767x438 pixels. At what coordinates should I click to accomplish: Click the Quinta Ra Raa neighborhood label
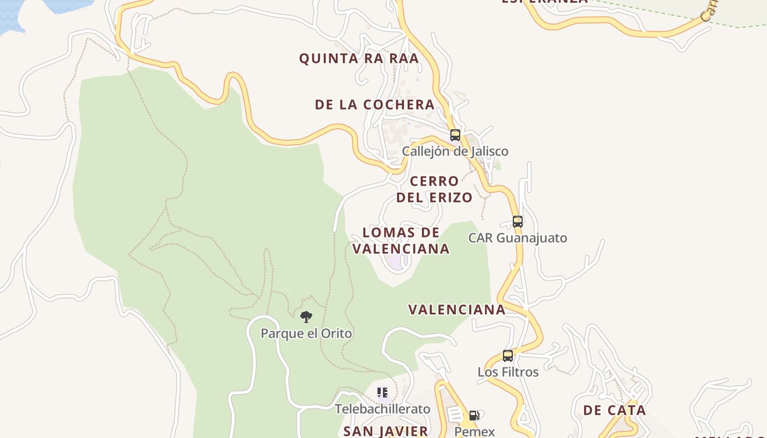click(359, 59)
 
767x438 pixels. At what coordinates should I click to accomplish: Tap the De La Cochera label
click(375, 105)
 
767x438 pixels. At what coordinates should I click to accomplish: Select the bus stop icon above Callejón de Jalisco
click(455, 135)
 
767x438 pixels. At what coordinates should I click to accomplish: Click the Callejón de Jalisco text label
click(455, 151)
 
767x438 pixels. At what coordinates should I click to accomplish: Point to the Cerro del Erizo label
click(434, 189)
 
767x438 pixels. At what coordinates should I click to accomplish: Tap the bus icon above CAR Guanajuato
click(518, 221)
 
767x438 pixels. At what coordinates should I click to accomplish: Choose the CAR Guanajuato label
click(517, 238)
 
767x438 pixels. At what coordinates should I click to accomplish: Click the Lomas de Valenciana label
click(401, 240)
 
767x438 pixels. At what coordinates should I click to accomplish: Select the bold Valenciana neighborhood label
click(457, 309)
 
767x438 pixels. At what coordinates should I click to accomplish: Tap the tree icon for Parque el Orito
click(306, 316)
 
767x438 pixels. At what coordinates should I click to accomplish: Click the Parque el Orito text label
click(306, 333)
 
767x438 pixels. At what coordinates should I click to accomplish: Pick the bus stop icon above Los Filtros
click(508, 356)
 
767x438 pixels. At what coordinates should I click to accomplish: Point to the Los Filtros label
click(508, 372)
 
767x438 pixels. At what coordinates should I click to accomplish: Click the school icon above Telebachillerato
click(382, 392)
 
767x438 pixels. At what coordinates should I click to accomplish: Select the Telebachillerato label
click(382, 409)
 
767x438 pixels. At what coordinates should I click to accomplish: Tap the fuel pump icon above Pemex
click(474, 415)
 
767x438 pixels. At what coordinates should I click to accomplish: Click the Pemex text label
click(474, 431)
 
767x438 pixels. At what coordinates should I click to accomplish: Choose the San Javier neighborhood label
click(386, 431)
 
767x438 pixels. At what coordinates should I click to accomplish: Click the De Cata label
click(614, 410)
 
